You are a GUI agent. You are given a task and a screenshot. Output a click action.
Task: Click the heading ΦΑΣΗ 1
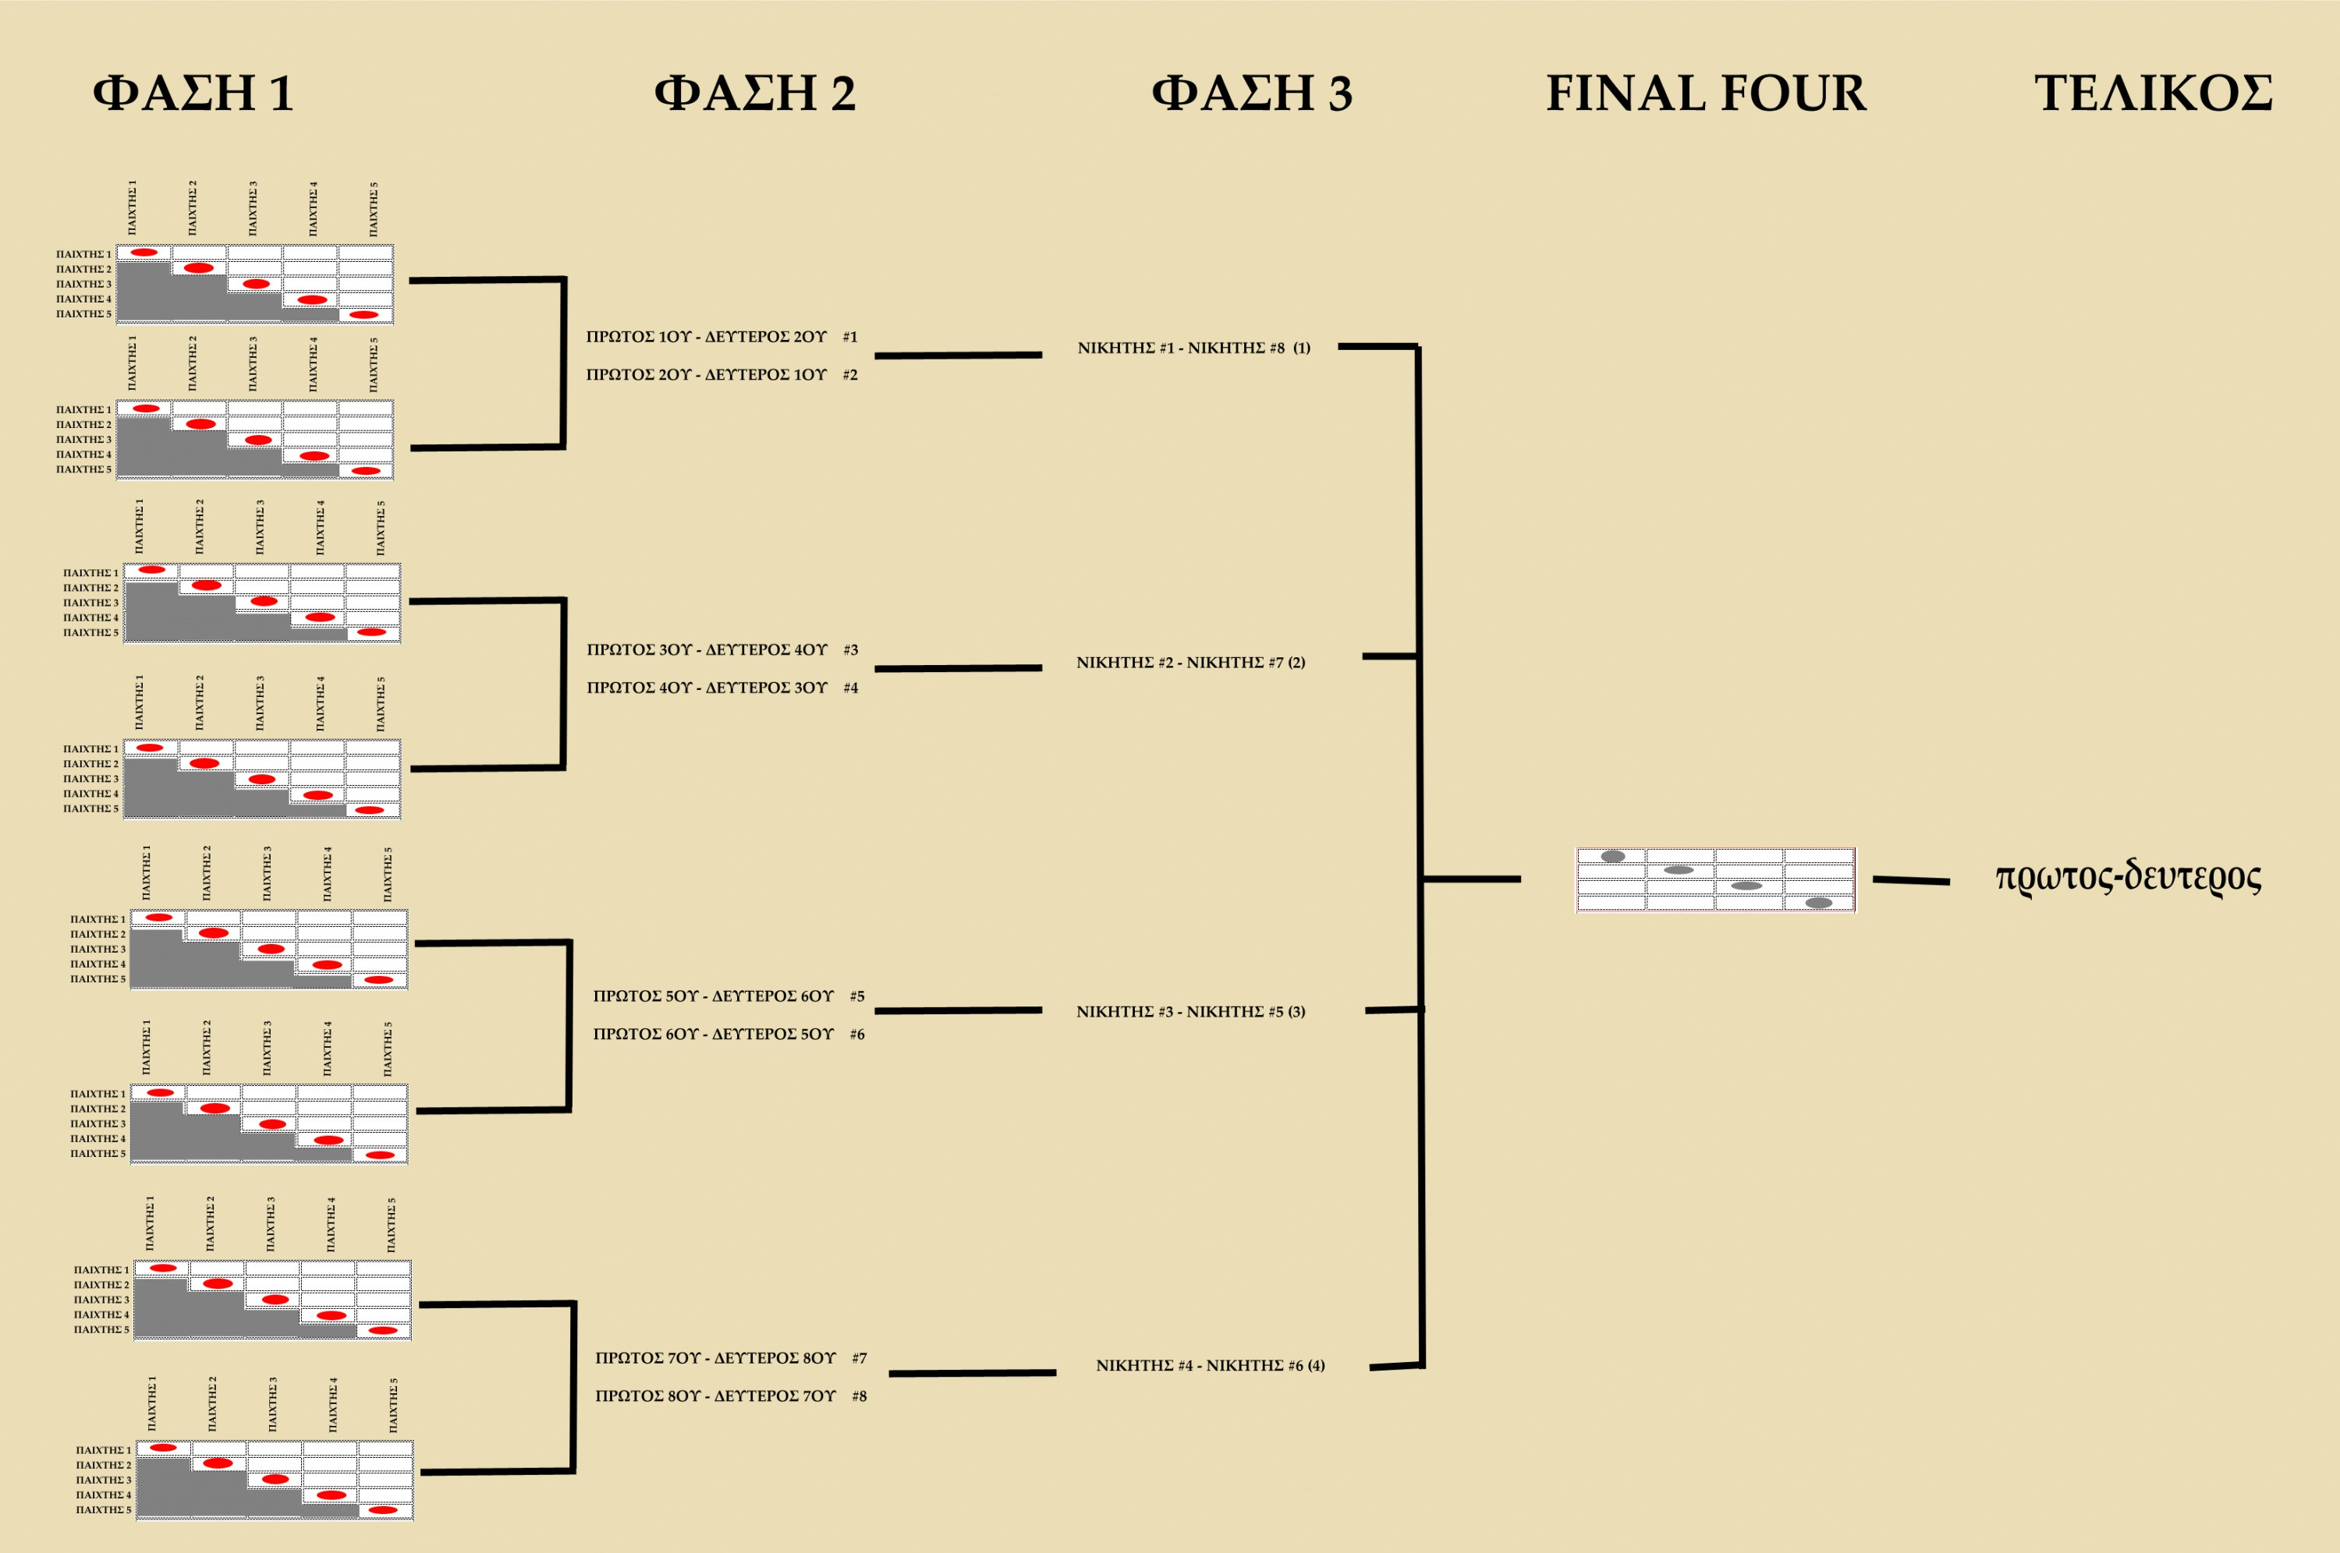pos(193,93)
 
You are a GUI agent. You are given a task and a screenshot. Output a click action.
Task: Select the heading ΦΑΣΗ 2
pos(755,93)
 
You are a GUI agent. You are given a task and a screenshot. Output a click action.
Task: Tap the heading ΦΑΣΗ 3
pos(1251,93)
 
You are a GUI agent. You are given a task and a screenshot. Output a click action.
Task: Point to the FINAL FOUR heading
pos(1706,93)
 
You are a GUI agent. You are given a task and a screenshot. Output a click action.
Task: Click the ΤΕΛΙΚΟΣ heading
pos(2153,93)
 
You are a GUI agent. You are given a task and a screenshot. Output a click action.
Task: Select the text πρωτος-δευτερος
pos(2128,876)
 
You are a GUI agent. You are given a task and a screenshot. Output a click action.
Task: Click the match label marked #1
pos(721,337)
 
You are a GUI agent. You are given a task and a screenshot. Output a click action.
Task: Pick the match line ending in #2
pos(721,374)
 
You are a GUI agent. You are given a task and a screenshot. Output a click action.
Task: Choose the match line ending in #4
pos(722,688)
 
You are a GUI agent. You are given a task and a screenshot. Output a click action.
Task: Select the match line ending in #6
pos(729,1034)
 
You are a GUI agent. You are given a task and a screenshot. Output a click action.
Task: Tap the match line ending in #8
pos(730,1396)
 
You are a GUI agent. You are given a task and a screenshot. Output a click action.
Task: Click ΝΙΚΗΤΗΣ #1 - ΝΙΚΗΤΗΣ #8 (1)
pos(1193,348)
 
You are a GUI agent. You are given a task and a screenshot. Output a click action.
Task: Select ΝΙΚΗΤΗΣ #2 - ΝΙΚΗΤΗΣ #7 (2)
pos(1191,663)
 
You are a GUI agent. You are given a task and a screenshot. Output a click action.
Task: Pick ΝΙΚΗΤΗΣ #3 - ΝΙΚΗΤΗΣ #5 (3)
pos(1191,1011)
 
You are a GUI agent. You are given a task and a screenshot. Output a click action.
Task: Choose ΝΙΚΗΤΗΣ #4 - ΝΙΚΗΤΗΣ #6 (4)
pos(1210,1365)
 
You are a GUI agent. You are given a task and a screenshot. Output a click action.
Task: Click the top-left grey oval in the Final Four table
pos(1613,856)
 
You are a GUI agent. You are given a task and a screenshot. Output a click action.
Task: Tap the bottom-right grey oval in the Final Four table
pos(1819,902)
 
